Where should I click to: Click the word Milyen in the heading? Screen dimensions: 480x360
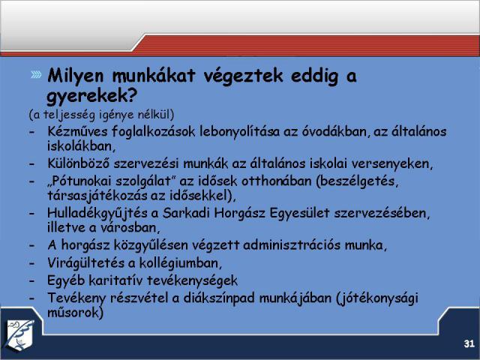76,76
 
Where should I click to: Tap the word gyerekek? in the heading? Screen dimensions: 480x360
91,95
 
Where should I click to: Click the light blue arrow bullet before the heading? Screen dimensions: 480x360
36,74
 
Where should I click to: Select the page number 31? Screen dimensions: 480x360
469,343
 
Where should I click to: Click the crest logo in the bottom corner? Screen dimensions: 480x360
21,334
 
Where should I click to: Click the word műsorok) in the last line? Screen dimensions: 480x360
75,313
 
